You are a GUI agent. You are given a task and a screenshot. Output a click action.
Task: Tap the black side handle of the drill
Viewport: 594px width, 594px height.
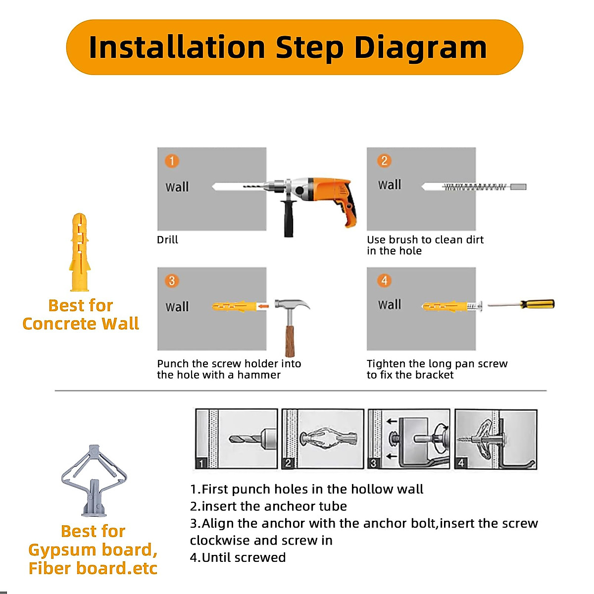coord(289,218)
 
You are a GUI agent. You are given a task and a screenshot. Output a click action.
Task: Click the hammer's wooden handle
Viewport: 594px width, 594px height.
coord(290,341)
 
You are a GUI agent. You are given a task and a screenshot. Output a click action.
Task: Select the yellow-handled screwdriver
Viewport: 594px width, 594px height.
coord(521,304)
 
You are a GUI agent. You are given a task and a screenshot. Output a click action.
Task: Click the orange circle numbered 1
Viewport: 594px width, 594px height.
coord(172,161)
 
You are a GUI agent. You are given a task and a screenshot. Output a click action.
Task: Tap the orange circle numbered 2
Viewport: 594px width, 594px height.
coord(384,161)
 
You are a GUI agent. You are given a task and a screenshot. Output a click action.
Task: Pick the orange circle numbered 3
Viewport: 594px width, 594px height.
coord(172,281)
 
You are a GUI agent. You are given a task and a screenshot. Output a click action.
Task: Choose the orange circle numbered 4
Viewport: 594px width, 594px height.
coord(384,281)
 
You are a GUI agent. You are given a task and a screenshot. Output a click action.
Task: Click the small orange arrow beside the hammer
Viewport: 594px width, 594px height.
coord(263,306)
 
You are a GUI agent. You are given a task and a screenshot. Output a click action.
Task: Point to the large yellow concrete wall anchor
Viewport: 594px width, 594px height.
coord(80,252)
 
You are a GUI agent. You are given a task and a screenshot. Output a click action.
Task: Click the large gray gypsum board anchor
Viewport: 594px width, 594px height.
coord(94,481)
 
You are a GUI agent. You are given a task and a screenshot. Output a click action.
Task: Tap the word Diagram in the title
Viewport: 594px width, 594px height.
coord(420,48)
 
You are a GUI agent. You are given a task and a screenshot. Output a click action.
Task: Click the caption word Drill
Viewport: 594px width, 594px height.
coord(167,240)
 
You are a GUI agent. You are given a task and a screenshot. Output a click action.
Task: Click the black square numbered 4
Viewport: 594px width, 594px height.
coord(461,463)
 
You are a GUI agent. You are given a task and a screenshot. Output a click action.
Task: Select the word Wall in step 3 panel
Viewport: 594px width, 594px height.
coord(177,307)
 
